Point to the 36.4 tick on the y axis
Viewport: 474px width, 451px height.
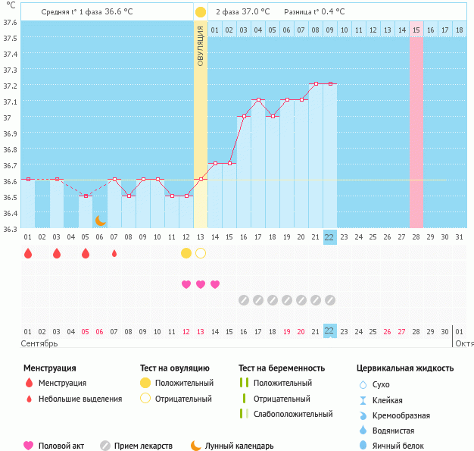click(10, 213)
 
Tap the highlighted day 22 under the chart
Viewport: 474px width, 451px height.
click(329, 237)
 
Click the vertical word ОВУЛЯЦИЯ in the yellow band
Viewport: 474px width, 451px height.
click(200, 45)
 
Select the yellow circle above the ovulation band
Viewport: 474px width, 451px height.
click(200, 12)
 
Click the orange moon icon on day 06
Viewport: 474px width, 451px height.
click(100, 221)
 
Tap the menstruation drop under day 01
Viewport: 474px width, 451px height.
click(28, 253)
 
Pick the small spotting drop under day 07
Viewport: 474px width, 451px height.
click(114, 253)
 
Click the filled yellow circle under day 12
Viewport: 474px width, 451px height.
click(186, 253)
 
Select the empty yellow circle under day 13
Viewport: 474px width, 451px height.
click(201, 253)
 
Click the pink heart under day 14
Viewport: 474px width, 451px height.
click(215, 284)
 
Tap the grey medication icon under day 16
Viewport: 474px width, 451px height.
click(244, 300)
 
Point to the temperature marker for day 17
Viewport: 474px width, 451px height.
click(258, 100)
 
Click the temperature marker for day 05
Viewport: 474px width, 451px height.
click(86, 196)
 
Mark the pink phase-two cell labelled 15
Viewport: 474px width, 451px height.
click(416, 30)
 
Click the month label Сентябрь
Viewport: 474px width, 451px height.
click(40, 343)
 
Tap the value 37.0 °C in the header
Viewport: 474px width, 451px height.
click(254, 12)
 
